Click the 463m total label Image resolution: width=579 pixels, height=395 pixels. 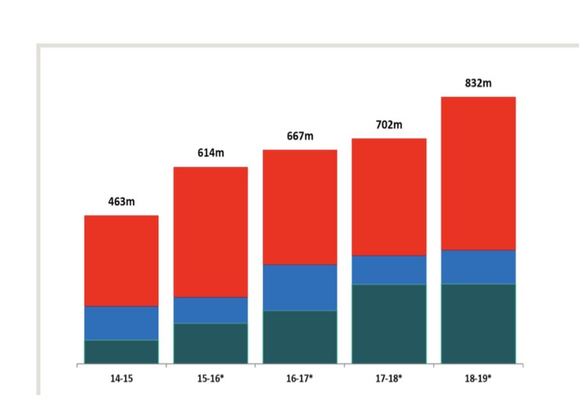[121, 202]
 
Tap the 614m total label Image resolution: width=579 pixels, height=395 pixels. [211, 153]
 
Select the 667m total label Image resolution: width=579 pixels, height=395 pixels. [300, 136]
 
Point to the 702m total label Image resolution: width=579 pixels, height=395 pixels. [389, 125]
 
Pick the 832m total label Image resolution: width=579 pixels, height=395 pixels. [478, 83]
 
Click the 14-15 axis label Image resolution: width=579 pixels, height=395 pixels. [121, 378]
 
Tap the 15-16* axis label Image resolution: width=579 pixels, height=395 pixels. [211, 378]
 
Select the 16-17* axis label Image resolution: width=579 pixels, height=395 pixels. [300, 378]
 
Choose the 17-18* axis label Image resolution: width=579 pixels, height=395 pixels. [389, 378]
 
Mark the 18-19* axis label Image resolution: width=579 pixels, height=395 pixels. [478, 378]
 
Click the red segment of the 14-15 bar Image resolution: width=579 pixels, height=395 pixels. [121, 261]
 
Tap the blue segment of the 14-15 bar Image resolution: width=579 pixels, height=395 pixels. [121, 323]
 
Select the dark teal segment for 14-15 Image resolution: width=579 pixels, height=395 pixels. [121, 352]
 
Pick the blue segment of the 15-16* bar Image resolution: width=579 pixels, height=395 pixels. [211, 310]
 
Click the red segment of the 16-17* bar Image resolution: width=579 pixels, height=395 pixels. [300, 207]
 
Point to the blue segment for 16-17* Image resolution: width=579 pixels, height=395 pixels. [300, 288]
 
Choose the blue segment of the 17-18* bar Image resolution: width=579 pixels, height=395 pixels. [389, 270]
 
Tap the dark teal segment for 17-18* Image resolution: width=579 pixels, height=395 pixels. [389, 323]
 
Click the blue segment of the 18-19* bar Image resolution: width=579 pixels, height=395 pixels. [478, 267]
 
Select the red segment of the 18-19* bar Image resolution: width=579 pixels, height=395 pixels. [478, 173]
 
